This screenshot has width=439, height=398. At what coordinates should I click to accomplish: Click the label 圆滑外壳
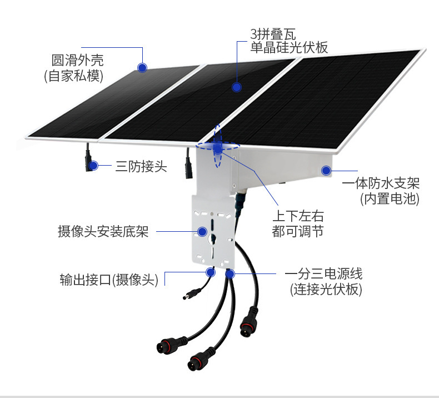(x=77, y=60)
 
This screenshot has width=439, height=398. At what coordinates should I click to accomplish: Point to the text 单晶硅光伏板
(x=289, y=47)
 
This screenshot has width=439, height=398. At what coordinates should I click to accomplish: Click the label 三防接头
(x=141, y=166)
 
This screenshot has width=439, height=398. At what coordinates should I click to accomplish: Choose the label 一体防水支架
(x=381, y=183)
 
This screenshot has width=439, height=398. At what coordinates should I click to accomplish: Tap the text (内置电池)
(x=390, y=198)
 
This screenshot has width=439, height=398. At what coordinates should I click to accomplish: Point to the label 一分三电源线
(x=323, y=273)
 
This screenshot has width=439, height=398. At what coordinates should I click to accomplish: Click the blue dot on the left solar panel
(x=142, y=68)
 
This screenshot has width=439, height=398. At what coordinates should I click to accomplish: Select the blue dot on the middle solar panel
(x=237, y=87)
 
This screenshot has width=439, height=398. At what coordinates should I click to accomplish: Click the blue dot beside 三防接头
(x=93, y=165)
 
